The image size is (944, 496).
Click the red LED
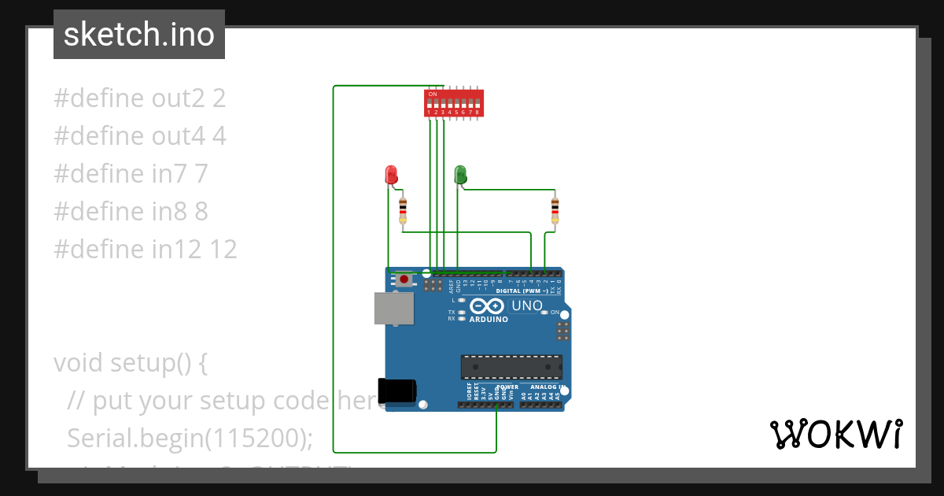391,175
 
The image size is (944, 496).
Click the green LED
461,175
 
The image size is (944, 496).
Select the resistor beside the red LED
404,209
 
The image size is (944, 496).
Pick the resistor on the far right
555,209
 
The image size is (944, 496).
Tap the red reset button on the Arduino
404,279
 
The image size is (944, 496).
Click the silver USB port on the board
393,308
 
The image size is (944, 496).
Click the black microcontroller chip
511,366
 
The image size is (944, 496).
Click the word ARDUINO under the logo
489,320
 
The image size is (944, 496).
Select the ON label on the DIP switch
433,94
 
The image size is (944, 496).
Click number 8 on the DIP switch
478,113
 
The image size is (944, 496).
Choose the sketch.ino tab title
139,35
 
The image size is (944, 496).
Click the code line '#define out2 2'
140,98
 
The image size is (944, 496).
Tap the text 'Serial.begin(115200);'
190,438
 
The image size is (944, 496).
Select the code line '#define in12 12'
146,250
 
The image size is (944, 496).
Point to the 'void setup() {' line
131,363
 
